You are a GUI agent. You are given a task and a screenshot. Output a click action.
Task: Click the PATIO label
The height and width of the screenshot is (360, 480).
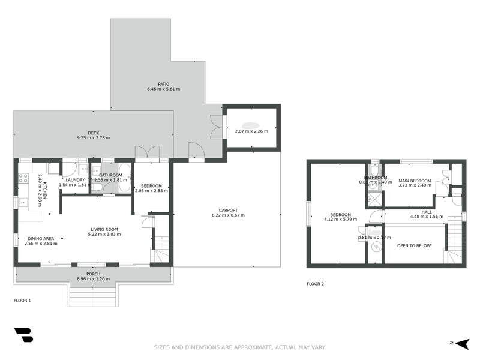pyautogui.click(x=163, y=84)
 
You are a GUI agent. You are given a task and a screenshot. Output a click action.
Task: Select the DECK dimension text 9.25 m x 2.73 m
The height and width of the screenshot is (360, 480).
pyautogui.click(x=93, y=138)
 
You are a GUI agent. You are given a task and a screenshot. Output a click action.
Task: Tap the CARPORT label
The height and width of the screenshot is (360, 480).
pyautogui.click(x=228, y=210)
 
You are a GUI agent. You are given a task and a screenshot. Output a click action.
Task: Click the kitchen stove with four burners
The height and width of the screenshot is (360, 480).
pyautogui.click(x=23, y=178)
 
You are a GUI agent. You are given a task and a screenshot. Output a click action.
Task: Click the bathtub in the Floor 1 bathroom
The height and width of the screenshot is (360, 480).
pyautogui.click(x=125, y=178)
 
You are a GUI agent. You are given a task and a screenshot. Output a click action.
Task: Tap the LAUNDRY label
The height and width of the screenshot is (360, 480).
pyautogui.click(x=75, y=179)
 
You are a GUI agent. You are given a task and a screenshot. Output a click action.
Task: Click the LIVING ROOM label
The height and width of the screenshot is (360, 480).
pyautogui.click(x=104, y=229)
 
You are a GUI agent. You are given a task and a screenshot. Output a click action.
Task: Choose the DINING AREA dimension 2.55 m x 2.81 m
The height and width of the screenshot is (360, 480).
pyautogui.click(x=41, y=244)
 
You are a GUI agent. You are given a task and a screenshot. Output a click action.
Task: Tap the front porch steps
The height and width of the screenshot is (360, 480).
pyautogui.click(x=92, y=295)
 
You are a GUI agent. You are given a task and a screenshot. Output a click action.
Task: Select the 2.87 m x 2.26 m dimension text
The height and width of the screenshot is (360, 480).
pyautogui.click(x=251, y=131)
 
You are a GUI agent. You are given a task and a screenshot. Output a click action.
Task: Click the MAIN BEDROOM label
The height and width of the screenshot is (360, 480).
pyautogui.click(x=415, y=181)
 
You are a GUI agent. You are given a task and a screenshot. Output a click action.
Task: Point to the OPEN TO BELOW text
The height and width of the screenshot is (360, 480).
pyautogui.click(x=414, y=245)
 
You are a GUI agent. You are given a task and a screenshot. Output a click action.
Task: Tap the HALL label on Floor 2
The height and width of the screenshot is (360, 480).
pyautogui.click(x=426, y=211)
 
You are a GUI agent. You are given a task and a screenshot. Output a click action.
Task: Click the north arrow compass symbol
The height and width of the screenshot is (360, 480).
pyautogui.click(x=461, y=343)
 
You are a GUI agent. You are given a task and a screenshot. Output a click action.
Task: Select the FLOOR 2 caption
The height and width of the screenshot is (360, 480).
pyautogui.click(x=315, y=284)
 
